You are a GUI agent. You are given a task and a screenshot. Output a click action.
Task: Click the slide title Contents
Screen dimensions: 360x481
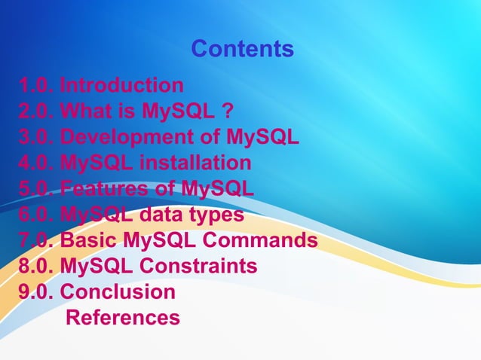pyautogui.click(x=242, y=50)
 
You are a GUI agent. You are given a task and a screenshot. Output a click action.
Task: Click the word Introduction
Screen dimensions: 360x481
pyautogui.click(x=121, y=85)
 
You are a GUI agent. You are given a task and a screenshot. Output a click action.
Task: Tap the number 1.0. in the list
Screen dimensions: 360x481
pyautogui.click(x=35, y=85)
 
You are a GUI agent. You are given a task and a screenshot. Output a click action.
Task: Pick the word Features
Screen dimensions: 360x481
pyautogui.click(x=99, y=189)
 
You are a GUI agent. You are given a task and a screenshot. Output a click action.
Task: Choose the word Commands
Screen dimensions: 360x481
pyautogui.click(x=258, y=241)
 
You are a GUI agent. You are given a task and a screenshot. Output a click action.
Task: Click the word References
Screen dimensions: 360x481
pyautogui.click(x=123, y=318)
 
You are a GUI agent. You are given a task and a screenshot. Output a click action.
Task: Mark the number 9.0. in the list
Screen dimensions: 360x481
pyautogui.click(x=35, y=292)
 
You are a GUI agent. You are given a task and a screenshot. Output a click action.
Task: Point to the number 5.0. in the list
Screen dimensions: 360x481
pyautogui.click(x=35, y=189)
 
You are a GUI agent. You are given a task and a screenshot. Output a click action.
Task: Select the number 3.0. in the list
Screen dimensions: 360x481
pyautogui.click(x=35, y=138)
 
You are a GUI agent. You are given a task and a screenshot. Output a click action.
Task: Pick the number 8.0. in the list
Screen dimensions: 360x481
pyautogui.click(x=35, y=267)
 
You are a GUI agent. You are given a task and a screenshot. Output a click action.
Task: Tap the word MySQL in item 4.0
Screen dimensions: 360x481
pyautogui.click(x=95, y=163)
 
